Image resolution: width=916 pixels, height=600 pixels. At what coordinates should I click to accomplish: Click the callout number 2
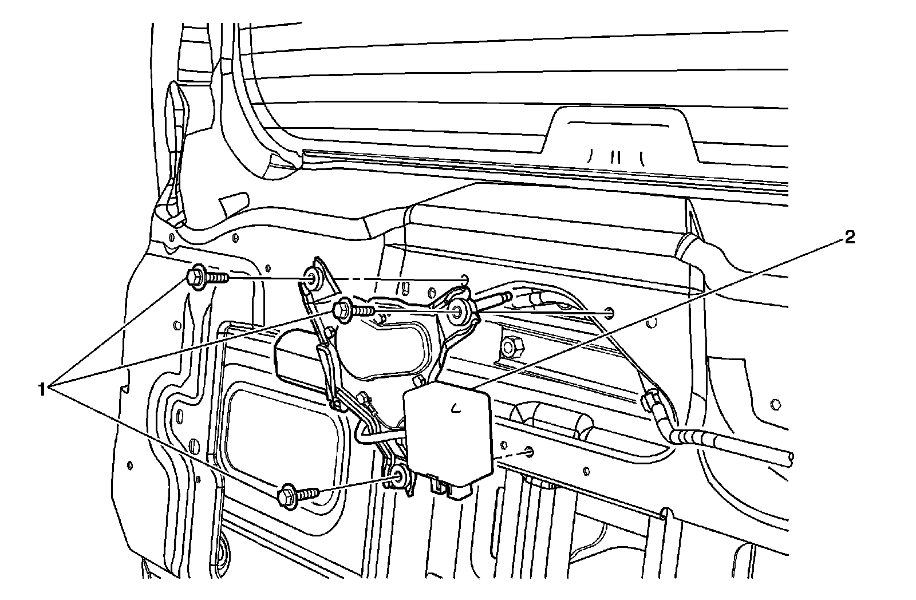pos(850,237)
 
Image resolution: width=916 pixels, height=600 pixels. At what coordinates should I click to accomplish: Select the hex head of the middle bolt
pos(343,310)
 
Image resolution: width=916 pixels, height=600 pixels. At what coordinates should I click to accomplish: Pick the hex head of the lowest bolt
pos(287,494)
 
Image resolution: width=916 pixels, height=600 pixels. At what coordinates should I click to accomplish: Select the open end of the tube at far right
pos(791,456)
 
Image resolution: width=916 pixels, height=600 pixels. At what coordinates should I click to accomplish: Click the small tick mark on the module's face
pos(456,408)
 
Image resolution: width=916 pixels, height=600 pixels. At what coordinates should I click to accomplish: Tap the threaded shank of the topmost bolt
pos(218,278)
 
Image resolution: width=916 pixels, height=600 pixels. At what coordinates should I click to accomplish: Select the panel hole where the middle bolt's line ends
pos(610,313)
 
